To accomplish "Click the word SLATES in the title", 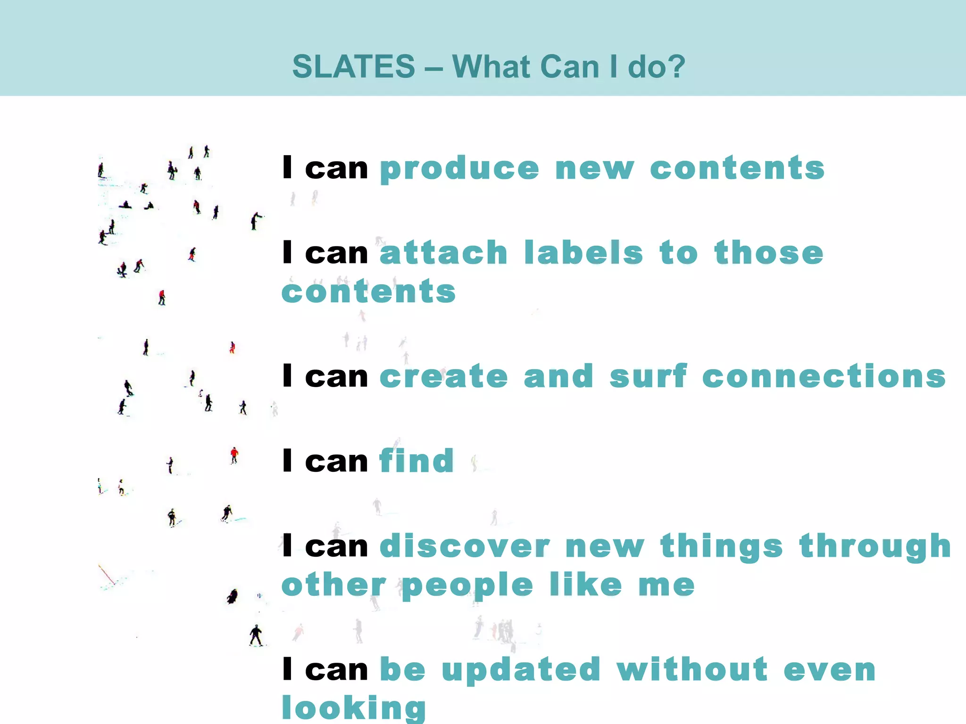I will coord(353,66).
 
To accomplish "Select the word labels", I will coord(583,253).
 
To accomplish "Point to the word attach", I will coord(443,253).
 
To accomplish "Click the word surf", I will coord(648,377).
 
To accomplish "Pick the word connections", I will coord(824,377).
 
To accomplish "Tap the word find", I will coord(416,461).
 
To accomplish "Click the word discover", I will coord(465,547).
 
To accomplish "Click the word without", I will coord(692,670).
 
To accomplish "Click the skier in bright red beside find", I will coord(234,454).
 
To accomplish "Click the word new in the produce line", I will coord(594,169).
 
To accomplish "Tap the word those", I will coord(768,253).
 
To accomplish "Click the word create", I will coord(443,377).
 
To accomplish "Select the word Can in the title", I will coord(570,66).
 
